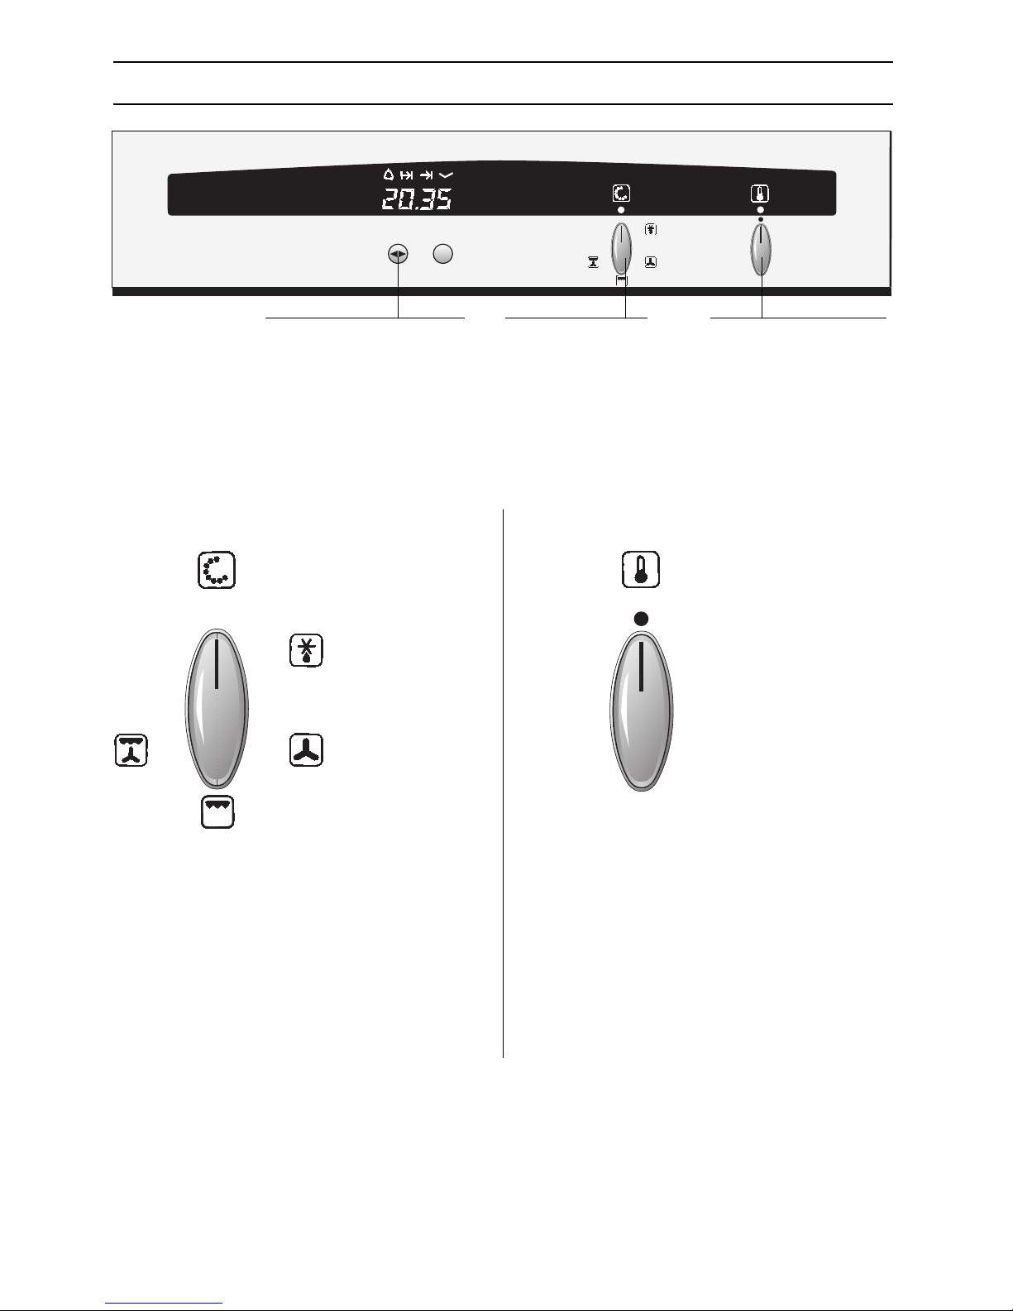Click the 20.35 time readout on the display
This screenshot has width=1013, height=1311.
click(417, 199)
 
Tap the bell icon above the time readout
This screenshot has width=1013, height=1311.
click(389, 175)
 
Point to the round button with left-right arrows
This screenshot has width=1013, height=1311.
click(398, 254)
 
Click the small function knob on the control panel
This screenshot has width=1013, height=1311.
click(621, 249)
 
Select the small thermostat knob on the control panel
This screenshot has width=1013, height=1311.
click(761, 249)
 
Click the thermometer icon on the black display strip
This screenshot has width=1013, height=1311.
click(760, 194)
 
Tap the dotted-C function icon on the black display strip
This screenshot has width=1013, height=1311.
click(621, 194)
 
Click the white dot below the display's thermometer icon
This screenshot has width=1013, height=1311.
click(760, 210)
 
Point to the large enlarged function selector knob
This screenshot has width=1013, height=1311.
click(217, 708)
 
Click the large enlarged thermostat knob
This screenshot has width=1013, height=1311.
click(642, 711)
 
